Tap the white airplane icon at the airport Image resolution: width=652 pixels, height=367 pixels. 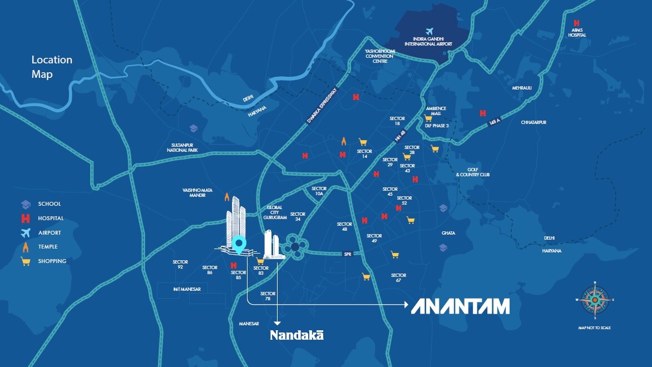click(428, 31)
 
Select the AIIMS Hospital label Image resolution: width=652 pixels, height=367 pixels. click(577, 32)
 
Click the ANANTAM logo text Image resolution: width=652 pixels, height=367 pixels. click(460, 306)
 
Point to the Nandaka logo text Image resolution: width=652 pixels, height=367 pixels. click(297, 335)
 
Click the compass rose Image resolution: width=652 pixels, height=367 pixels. click(595, 300)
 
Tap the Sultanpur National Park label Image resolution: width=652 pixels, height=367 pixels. click(185, 148)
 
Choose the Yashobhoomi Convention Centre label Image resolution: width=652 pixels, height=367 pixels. click(379, 56)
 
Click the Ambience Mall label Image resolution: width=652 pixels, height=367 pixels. click(436, 111)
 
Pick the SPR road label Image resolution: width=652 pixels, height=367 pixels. click(348, 254)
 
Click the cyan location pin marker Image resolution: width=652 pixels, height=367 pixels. click(239, 244)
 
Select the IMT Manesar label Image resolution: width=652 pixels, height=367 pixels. click(186, 289)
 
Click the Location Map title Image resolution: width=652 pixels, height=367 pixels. click(52, 67)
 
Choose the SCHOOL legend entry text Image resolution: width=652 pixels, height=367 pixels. click(50, 204)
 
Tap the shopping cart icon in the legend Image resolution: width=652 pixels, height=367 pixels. click(25, 261)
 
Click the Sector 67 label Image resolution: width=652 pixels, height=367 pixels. click(398, 278)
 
